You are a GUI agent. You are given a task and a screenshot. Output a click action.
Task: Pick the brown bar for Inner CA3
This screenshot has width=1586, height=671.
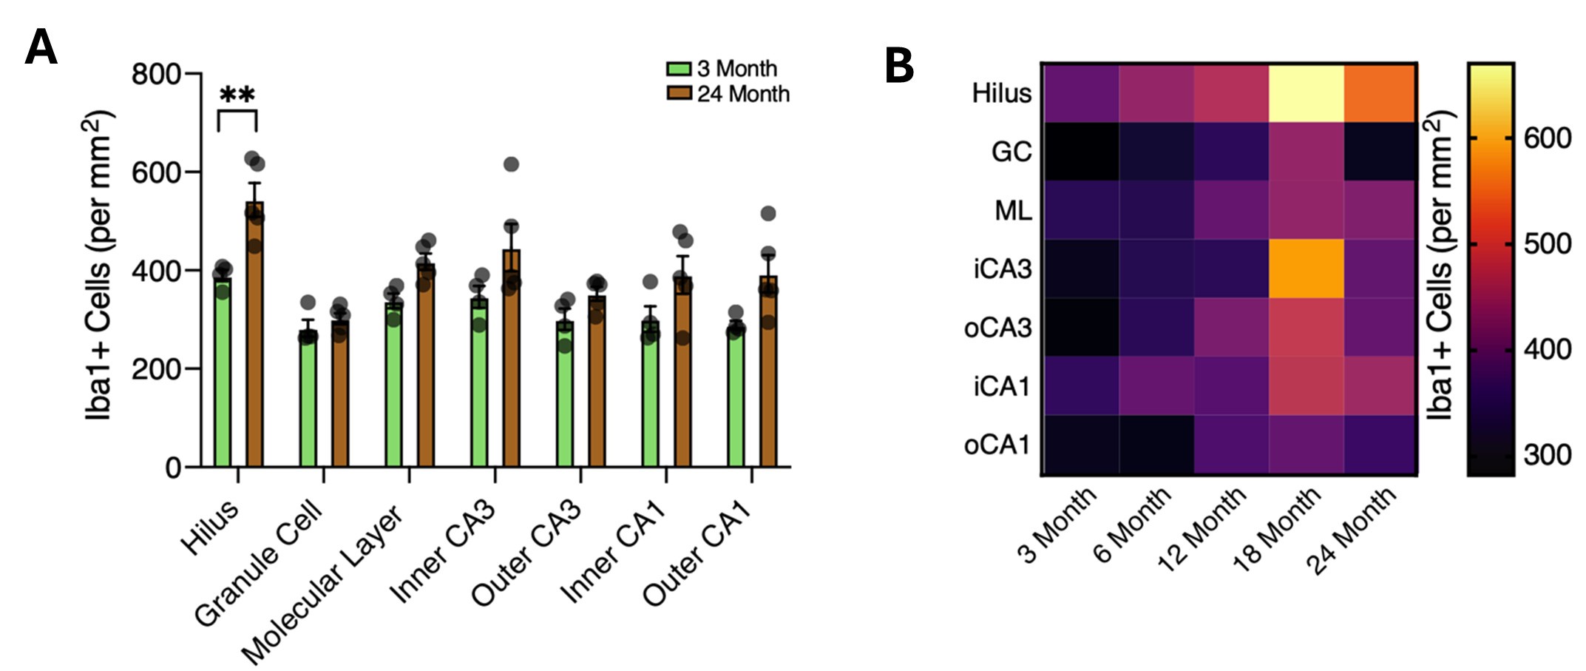coord(511,363)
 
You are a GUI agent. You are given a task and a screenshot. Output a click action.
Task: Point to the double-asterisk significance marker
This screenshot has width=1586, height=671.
coord(237,95)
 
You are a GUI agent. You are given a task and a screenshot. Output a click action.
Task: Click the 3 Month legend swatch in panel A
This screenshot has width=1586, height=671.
coord(678,69)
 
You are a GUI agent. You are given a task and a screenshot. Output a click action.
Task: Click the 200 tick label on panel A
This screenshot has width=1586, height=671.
coord(156,368)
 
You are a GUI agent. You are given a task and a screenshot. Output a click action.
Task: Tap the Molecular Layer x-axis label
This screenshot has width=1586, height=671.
coord(323,584)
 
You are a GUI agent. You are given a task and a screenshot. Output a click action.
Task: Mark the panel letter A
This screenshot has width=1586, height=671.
coord(41,49)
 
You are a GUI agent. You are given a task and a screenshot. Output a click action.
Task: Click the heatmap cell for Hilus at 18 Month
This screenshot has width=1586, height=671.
coord(1306,92)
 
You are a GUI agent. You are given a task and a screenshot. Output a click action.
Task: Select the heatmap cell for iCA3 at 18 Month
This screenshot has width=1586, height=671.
coord(1306,269)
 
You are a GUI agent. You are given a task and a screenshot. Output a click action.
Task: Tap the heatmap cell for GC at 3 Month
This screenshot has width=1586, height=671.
coord(1080,152)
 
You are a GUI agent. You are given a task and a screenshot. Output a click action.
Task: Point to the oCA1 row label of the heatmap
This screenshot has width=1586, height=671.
coord(997,445)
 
